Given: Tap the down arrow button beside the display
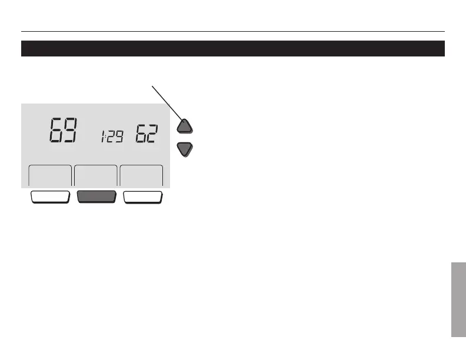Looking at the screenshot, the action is point(185,149).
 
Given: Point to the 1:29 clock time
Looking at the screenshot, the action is point(111,138).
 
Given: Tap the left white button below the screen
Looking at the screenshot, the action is point(50,197).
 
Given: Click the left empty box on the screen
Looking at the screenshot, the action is point(50,176).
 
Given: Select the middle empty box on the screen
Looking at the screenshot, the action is point(96,176).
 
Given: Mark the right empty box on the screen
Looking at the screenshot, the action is point(142,176).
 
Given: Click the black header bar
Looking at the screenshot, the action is point(232,48).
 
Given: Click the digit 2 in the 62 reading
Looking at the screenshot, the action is point(152,134).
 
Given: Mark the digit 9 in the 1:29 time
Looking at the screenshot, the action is point(119,138).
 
